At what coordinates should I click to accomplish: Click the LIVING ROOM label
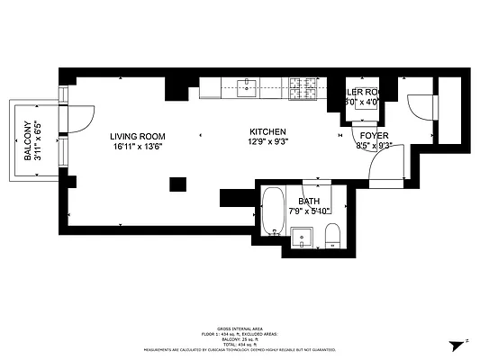click(x=137, y=135)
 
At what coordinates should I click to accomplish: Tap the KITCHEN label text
click(x=267, y=131)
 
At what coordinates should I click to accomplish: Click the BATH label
click(x=309, y=200)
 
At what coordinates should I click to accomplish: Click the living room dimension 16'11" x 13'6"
click(x=137, y=146)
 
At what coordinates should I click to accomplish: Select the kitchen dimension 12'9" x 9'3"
click(x=267, y=142)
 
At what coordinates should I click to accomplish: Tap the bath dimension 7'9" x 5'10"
click(x=309, y=211)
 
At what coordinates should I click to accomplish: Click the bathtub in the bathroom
click(x=273, y=211)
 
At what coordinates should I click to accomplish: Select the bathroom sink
click(x=302, y=238)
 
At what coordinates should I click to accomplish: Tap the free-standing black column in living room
click(x=177, y=184)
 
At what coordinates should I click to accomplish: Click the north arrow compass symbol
click(x=458, y=344)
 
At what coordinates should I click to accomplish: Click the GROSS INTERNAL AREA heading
click(x=240, y=329)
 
